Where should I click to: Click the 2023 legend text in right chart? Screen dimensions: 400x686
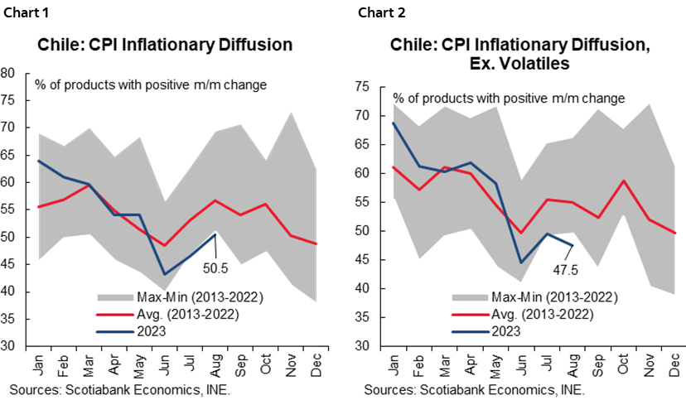point(506,330)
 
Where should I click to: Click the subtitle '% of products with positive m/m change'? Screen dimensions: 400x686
point(508,99)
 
